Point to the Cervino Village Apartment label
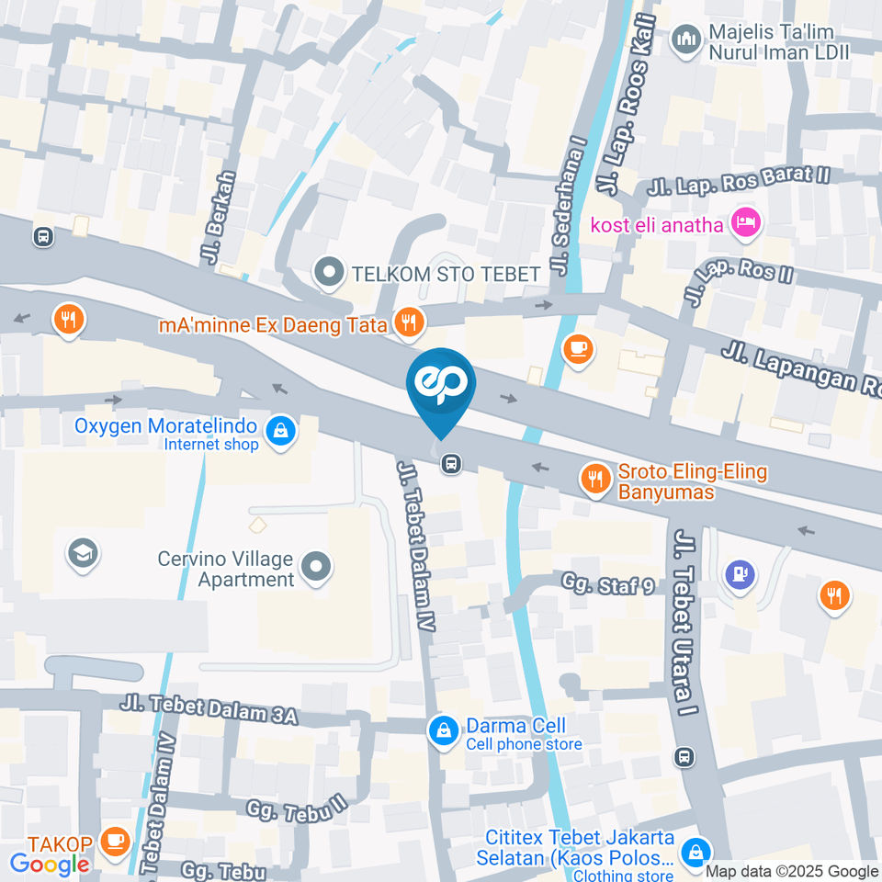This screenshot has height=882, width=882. [x=225, y=569]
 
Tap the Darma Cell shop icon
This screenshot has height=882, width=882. [x=443, y=730]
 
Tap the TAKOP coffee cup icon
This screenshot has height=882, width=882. [x=115, y=841]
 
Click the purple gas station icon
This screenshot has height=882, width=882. [x=740, y=575]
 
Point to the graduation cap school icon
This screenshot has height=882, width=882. [x=83, y=554]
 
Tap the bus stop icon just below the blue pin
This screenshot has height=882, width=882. [x=450, y=463]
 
